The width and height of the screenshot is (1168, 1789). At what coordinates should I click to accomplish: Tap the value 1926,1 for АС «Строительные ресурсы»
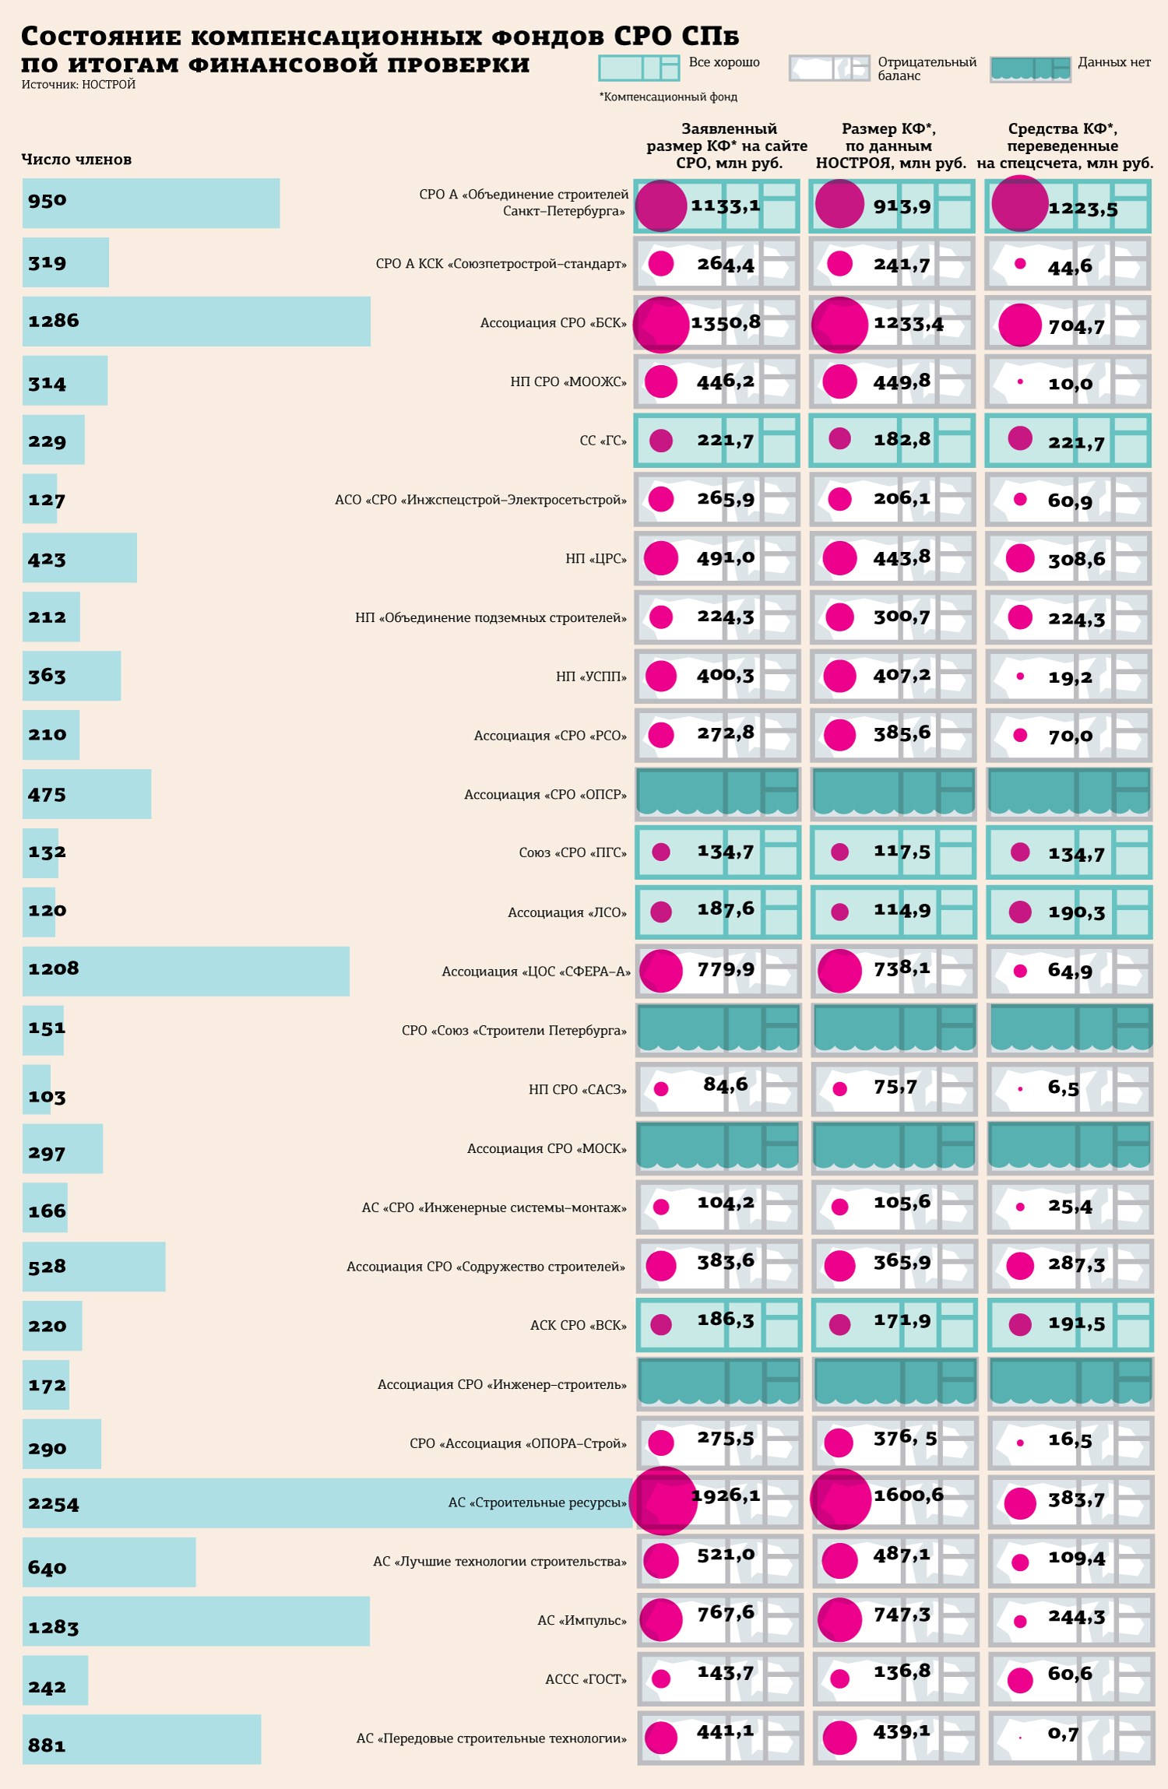(726, 1496)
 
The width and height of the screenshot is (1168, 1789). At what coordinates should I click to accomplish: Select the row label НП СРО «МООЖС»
(568, 381)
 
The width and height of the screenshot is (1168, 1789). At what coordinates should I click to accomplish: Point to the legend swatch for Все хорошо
(639, 68)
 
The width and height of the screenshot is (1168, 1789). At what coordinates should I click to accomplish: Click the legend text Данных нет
(1114, 62)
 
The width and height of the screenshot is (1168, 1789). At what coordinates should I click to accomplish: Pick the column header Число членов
(76, 160)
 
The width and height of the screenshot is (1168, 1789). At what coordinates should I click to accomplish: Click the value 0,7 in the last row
(1063, 1734)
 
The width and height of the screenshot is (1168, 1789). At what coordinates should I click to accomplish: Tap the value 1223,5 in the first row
(1083, 209)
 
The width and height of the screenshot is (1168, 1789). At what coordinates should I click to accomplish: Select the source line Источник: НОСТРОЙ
(79, 85)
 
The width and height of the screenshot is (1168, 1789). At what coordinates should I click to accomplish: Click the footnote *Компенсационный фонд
(668, 97)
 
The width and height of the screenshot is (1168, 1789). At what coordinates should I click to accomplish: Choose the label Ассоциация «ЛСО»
(567, 912)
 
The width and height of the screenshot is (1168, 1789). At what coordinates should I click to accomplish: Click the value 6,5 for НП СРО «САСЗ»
(1063, 1088)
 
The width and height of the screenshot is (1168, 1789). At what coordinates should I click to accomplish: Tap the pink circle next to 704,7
(1020, 325)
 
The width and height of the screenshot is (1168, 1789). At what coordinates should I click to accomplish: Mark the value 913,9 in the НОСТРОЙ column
(902, 206)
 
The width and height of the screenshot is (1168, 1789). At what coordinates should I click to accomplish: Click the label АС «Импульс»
(582, 1620)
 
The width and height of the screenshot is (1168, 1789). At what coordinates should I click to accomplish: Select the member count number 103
(47, 1097)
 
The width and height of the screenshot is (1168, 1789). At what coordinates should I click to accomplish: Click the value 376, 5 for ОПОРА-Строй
(905, 1438)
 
